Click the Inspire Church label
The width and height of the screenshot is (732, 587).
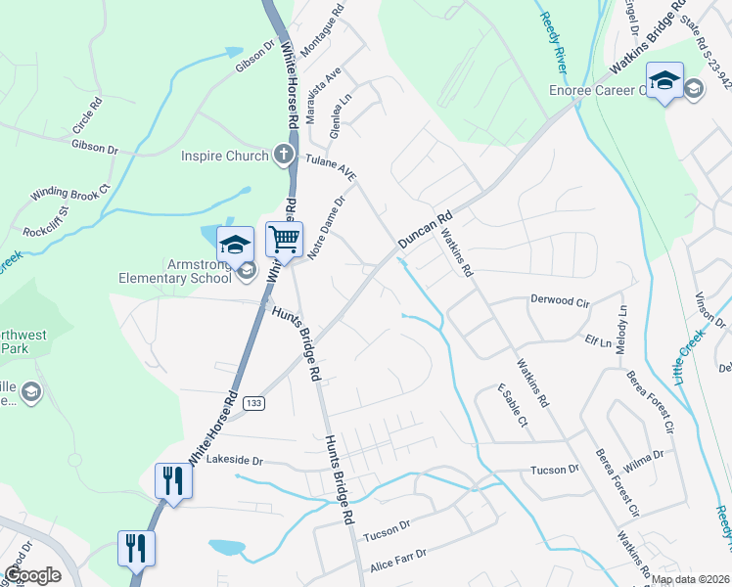click(224, 156)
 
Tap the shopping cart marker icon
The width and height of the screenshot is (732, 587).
click(284, 238)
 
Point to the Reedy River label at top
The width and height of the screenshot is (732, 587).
click(554, 40)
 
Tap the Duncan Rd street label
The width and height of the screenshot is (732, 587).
click(425, 231)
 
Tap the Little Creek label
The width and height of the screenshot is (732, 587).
click(696, 348)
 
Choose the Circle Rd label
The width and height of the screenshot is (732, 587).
click(87, 115)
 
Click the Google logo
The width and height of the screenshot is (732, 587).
click(32, 575)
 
